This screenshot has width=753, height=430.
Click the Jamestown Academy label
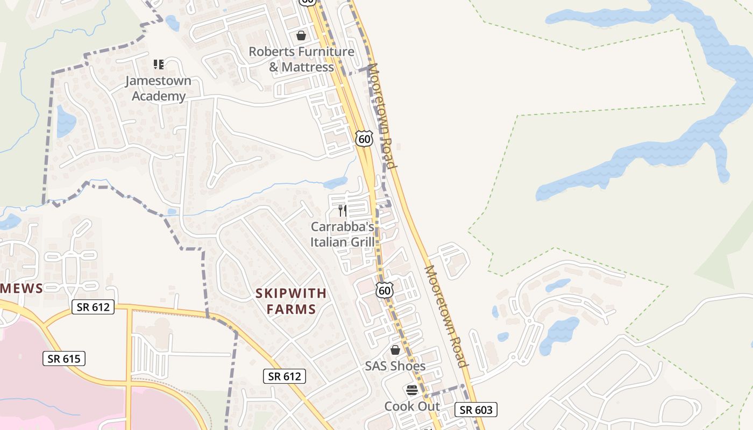158,89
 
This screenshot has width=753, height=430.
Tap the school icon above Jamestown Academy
158,64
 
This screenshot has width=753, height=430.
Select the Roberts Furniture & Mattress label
302,60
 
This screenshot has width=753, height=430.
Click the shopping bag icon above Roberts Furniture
301,35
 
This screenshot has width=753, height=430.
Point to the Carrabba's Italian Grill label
343,234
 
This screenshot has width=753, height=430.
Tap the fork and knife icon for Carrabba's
343,210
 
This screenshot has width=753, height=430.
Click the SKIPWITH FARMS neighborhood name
290,301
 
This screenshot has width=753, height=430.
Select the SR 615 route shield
64,359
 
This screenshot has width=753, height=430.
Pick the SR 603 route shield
476,410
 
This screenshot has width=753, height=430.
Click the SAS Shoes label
395,366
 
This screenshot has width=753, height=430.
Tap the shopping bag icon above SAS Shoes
395,350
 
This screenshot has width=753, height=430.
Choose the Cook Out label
412,406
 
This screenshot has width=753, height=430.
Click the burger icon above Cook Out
412,390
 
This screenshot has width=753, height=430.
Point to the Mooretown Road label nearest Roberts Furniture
382,116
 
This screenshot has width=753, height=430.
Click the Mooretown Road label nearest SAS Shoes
447,316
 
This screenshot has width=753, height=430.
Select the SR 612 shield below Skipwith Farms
285,376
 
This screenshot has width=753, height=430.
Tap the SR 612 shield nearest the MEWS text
93,307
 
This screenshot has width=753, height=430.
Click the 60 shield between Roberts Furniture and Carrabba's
364,139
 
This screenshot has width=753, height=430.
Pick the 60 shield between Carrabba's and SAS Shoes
384,291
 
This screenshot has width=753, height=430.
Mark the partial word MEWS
22,289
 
